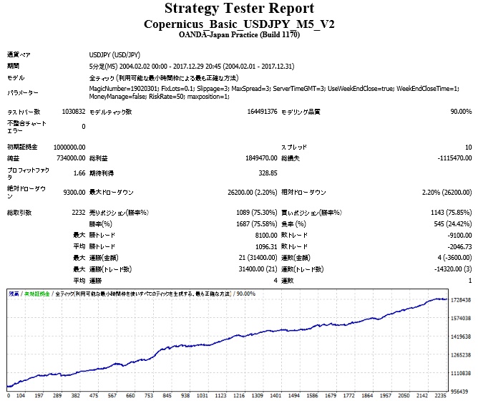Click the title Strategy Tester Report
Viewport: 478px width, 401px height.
(239, 9)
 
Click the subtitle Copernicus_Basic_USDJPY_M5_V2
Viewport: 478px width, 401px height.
(239, 24)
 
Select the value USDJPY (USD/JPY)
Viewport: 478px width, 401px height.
(114, 54)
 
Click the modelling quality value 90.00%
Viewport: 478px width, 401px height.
(461, 112)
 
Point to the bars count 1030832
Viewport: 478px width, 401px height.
(73, 112)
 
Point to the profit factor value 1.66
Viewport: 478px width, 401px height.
(79, 173)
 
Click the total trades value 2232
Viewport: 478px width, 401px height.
(79, 213)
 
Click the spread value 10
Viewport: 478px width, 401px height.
(468, 147)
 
